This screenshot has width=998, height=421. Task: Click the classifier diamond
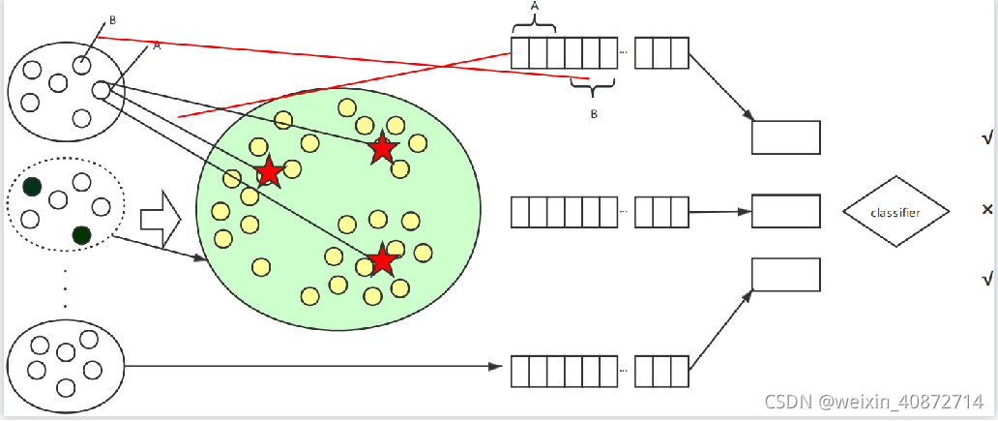(895, 211)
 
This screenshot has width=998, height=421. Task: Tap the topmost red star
(383, 147)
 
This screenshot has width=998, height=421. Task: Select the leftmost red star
(269, 172)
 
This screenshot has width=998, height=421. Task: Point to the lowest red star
(383, 259)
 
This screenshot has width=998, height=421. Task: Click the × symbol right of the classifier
(986, 209)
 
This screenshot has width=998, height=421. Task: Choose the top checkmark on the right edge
(986, 139)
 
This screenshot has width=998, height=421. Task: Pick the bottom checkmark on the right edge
(986, 280)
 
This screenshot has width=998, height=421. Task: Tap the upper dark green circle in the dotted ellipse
(33, 187)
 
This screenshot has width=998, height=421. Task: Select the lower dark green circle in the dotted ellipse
(81, 234)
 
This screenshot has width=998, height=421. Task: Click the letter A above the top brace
(535, 6)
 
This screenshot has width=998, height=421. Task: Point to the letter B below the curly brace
(594, 113)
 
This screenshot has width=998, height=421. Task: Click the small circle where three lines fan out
(101, 90)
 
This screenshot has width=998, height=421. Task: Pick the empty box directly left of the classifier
(785, 210)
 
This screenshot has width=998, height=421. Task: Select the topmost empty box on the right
(785, 137)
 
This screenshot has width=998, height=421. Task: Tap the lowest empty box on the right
(785, 274)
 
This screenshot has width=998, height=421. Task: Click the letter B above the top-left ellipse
(113, 19)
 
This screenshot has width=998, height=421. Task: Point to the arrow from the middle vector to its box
(719, 210)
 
